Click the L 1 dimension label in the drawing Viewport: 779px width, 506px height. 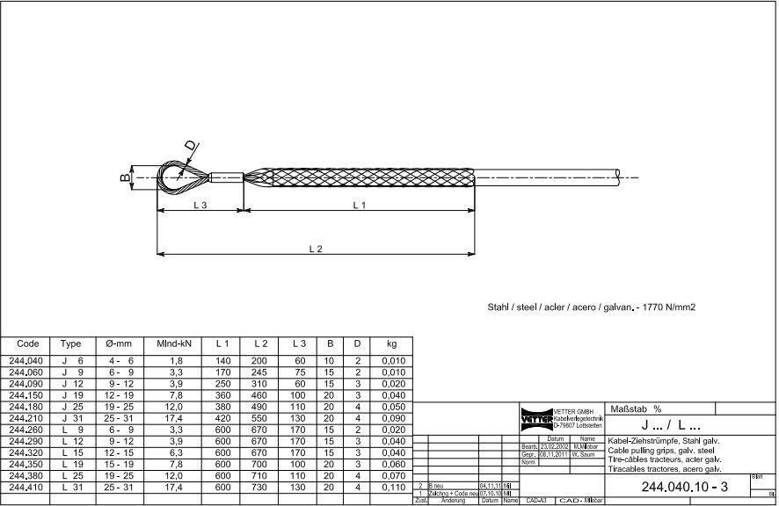[359, 205]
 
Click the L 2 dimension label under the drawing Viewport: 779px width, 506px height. [316, 249]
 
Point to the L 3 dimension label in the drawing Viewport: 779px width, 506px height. [200, 205]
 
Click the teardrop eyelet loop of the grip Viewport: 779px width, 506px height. [176, 177]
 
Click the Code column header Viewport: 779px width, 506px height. [28, 343]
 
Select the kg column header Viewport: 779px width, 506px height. [391, 343]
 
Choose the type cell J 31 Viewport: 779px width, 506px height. [72, 418]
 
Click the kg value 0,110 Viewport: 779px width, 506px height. [392, 487]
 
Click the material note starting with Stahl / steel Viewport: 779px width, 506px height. [591, 308]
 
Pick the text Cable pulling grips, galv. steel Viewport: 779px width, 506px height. [659, 449]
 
